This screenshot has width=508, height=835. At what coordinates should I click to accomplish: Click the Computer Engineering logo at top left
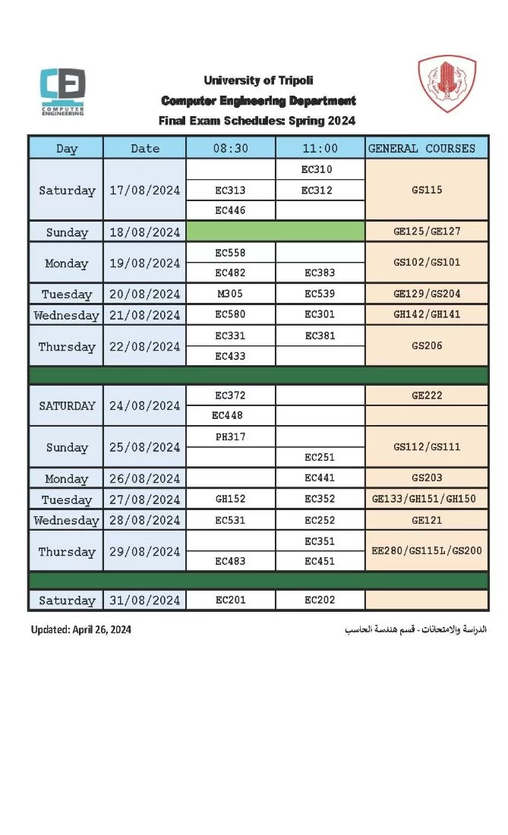coord(62,91)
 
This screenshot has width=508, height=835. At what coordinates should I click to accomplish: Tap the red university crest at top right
coord(447,83)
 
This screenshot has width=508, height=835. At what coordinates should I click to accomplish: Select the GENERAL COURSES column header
coord(421,148)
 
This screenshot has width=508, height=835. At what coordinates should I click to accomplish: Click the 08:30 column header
coord(230,148)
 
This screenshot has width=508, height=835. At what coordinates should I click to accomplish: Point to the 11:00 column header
coord(320,148)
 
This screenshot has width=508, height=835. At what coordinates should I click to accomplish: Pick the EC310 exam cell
coord(317,169)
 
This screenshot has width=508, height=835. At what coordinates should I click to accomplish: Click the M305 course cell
coord(230,294)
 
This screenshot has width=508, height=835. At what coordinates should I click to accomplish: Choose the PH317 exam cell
coord(230,436)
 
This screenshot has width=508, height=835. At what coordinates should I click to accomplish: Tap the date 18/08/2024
coord(144,232)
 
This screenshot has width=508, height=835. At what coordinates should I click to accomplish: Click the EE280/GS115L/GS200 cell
coord(427,551)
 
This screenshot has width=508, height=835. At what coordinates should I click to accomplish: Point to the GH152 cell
coord(230,499)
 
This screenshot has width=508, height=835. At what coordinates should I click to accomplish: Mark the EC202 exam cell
coord(320,600)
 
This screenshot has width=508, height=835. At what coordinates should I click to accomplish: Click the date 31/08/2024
coord(144,600)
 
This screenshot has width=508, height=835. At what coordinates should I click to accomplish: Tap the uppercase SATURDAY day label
coord(67,405)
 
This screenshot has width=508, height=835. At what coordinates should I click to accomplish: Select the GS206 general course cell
coord(427,346)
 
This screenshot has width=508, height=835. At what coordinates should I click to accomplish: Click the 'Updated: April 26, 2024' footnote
coord(81,630)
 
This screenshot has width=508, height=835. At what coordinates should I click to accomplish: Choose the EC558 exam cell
coord(230,253)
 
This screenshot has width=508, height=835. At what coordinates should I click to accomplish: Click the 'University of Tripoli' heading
coord(258,80)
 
